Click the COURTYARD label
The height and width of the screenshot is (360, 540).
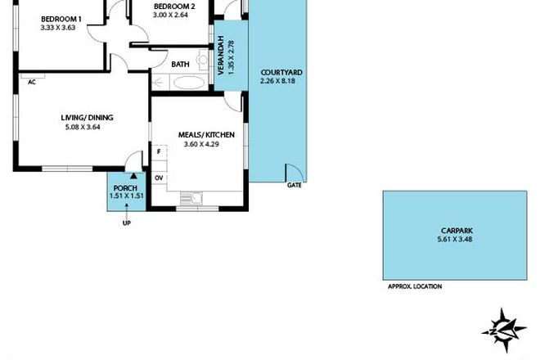pos(281,72)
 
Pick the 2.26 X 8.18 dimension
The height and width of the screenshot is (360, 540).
pos(281,81)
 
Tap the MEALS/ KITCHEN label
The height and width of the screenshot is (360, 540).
pos(207,134)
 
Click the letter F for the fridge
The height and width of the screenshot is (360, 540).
pos(160,151)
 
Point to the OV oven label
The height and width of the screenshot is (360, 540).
pos(160,178)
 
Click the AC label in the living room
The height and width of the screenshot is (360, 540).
pos(31,82)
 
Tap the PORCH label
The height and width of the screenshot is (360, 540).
pos(127,187)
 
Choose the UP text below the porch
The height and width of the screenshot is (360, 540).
pos(126,223)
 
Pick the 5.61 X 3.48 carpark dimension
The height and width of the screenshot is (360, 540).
pos(454,238)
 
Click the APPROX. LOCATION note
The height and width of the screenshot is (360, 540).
pos(414,286)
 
